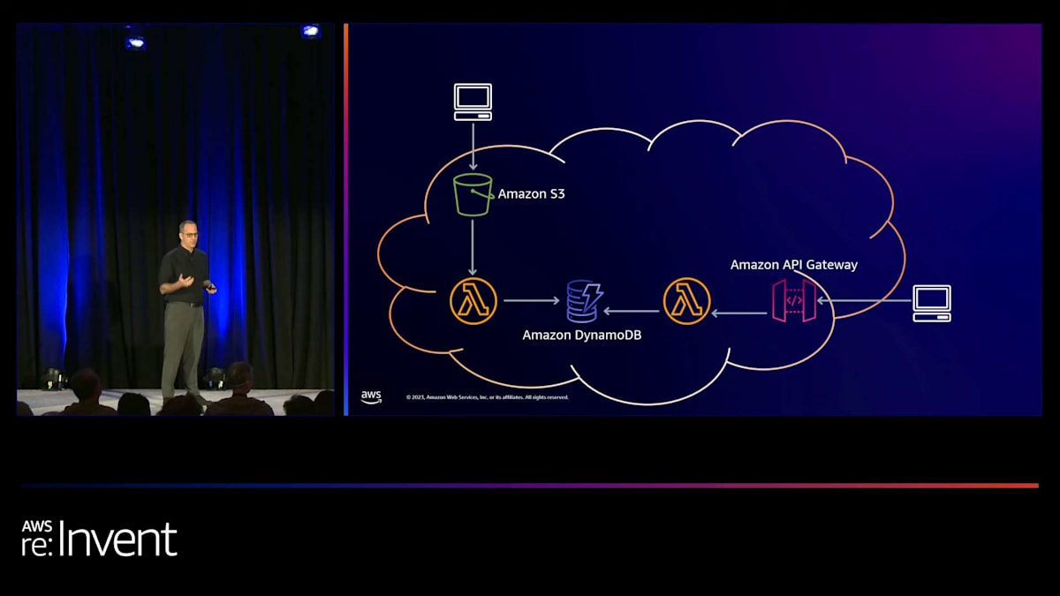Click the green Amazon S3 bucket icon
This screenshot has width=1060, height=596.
pyautogui.click(x=473, y=194)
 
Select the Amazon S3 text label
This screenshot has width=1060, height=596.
pyautogui.click(x=531, y=193)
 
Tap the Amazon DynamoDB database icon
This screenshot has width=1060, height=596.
pyautogui.click(x=583, y=301)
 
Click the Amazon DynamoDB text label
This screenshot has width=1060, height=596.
pyautogui.click(x=581, y=335)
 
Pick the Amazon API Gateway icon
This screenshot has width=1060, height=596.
pyautogui.click(x=793, y=301)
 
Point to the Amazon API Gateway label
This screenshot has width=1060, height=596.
pyautogui.click(x=793, y=264)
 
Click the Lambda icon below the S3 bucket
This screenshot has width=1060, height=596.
pyautogui.click(x=473, y=301)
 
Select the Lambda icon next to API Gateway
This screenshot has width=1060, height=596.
pyautogui.click(x=686, y=301)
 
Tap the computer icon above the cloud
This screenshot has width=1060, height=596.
pyautogui.click(x=473, y=102)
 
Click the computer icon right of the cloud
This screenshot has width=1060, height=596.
pyautogui.click(x=932, y=303)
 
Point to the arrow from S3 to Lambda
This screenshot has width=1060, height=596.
pyautogui.click(x=473, y=247)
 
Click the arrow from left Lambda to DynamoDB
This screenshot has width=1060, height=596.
pyautogui.click(x=531, y=301)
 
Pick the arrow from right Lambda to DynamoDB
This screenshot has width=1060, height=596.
pyautogui.click(x=632, y=310)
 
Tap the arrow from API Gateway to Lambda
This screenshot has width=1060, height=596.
pyautogui.click(x=739, y=312)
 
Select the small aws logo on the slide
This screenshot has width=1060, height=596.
pyautogui.click(x=371, y=397)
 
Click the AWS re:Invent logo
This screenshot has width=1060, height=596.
pyautogui.click(x=99, y=539)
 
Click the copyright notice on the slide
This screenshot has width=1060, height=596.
pyautogui.click(x=487, y=397)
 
